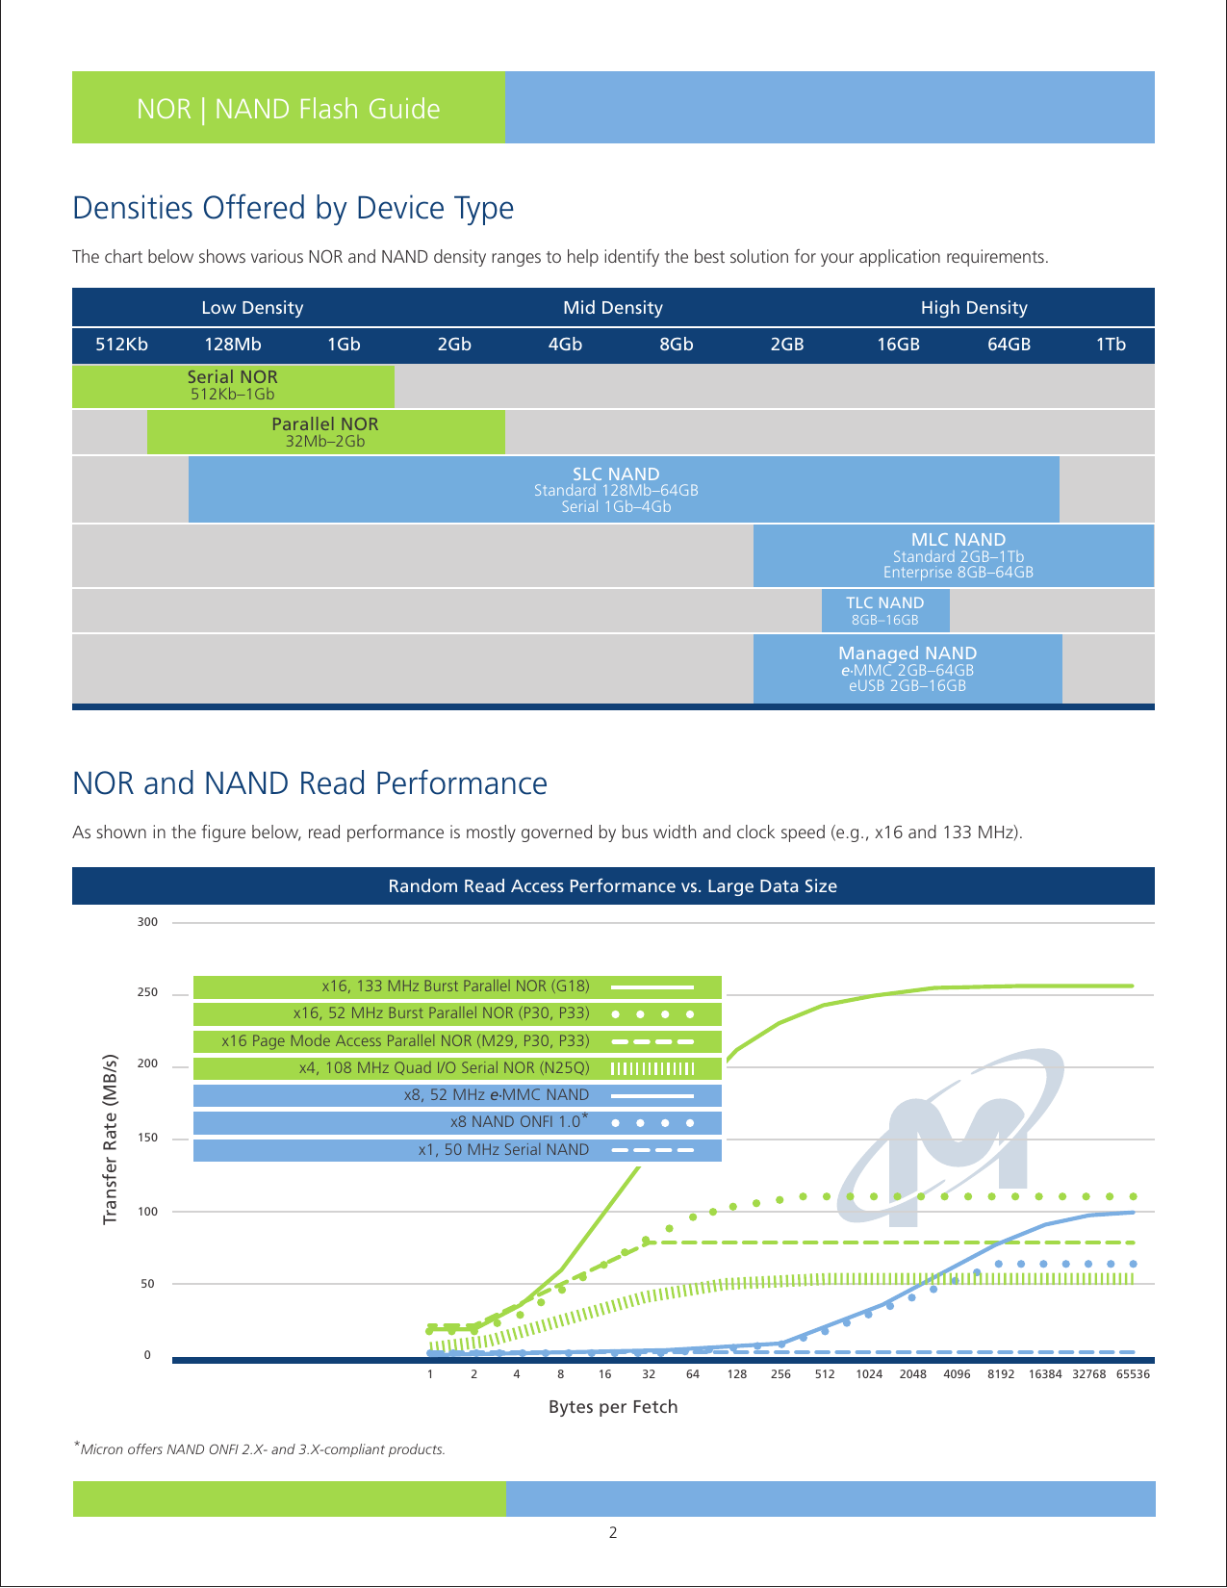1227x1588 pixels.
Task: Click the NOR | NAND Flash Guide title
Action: [x=288, y=109]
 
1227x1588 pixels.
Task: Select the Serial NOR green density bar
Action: [x=233, y=385]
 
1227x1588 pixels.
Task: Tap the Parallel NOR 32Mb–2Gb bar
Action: [x=325, y=432]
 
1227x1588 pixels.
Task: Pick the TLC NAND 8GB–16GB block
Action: [x=884, y=610]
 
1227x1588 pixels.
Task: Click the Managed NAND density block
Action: [x=907, y=668]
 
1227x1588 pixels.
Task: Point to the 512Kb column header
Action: [x=122, y=345]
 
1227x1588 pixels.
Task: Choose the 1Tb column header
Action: [x=1110, y=345]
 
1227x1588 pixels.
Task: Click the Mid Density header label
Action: [x=613, y=308]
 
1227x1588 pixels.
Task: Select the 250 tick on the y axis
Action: [x=147, y=992]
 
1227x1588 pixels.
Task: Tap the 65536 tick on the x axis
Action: [x=1133, y=1374]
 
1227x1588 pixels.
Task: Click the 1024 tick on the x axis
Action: [x=869, y=1374]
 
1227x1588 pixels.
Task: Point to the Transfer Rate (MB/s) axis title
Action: [x=110, y=1140]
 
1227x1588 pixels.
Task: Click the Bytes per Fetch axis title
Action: [x=613, y=1407]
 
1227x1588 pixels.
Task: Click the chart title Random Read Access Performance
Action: [x=613, y=886]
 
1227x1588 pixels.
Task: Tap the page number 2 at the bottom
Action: [x=613, y=1533]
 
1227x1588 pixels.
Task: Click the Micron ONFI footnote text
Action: [x=260, y=1448]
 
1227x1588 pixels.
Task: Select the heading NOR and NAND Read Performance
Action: [x=310, y=783]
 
